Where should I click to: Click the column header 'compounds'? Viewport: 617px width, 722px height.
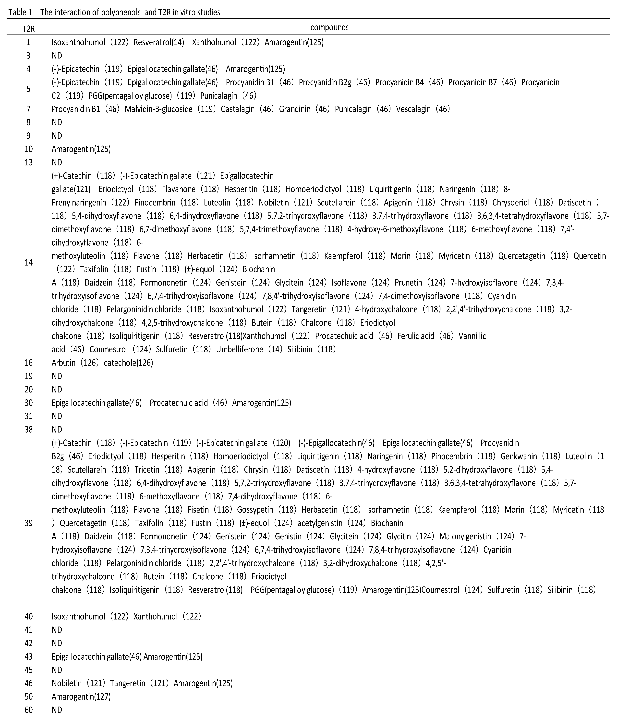pyautogui.click(x=329, y=27)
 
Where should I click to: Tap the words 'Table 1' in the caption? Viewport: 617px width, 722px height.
pyautogui.click(x=20, y=12)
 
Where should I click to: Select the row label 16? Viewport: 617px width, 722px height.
pyautogui.click(x=29, y=363)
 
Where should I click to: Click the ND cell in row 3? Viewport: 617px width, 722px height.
pyautogui.click(x=57, y=55)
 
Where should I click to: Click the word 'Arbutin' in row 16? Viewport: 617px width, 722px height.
pyautogui.click(x=63, y=363)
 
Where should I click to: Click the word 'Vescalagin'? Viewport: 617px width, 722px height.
pyautogui.click(x=413, y=109)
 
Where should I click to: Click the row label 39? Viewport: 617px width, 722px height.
pyautogui.click(x=29, y=523)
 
